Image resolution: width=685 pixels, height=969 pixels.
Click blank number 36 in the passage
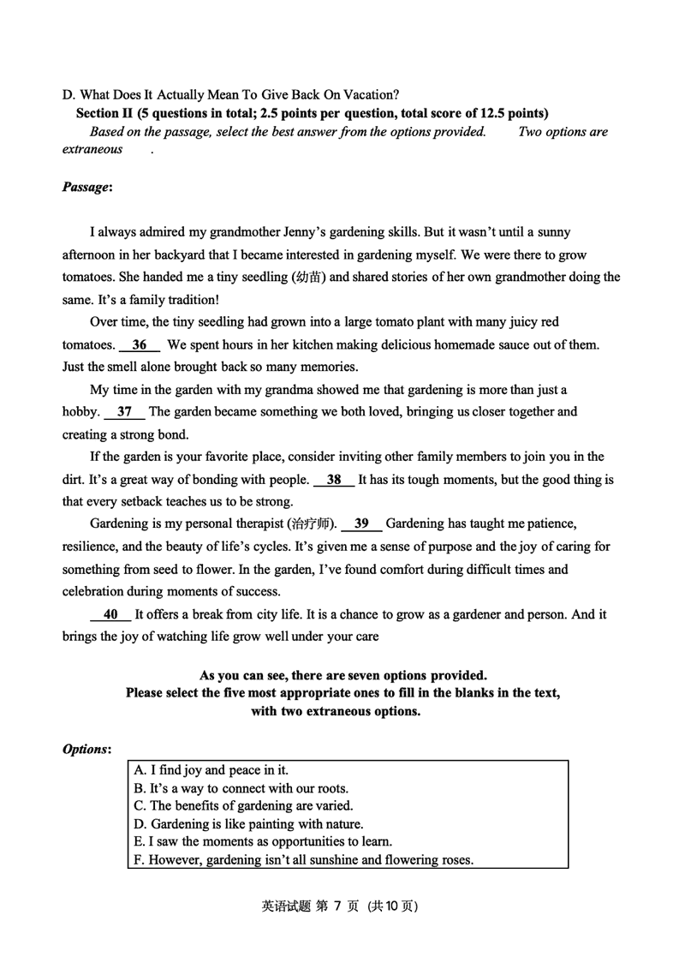point(140,345)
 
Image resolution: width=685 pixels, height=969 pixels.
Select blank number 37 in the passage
point(124,412)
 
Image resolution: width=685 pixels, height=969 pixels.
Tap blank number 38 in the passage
point(334,480)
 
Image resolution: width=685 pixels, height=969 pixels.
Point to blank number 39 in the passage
point(361,523)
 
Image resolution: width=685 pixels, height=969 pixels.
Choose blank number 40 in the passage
point(110,614)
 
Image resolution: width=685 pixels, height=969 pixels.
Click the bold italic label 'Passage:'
point(87,187)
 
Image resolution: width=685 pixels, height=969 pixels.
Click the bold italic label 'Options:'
point(86,750)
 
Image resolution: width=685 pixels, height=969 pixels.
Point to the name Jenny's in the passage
point(309,232)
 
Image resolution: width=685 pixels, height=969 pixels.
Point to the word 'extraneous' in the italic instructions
point(92,150)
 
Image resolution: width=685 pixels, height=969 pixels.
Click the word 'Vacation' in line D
point(366,94)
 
